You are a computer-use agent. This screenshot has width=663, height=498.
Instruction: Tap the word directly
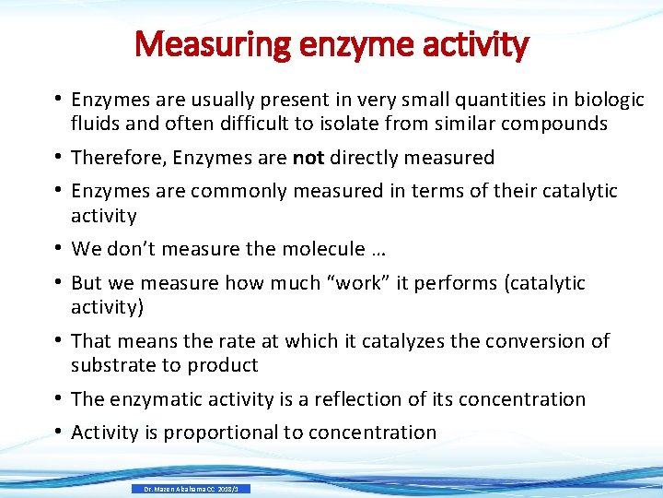coord(366,158)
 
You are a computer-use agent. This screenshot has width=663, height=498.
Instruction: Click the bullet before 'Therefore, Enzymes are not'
coord(57,158)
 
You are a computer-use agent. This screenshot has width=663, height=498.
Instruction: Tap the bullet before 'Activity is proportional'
coord(57,432)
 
